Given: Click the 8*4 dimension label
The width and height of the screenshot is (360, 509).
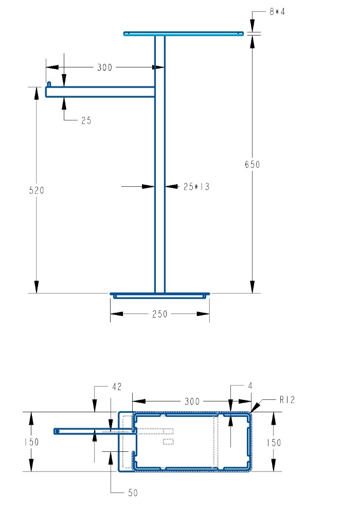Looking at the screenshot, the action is pos(277,12).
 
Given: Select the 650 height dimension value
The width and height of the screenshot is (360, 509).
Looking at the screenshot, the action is pos(253,165).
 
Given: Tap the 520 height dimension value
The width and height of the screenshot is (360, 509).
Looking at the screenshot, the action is pos(37,190).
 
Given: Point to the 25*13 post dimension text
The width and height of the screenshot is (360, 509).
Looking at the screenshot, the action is pos(196,187).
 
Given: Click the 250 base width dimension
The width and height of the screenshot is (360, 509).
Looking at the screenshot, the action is pos(160,314).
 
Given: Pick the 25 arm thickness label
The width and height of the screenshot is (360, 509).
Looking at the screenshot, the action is pos(86,120).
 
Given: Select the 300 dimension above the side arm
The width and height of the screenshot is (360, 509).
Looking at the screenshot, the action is pos(105,67).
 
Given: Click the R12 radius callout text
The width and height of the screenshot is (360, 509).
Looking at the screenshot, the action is pos(287,399).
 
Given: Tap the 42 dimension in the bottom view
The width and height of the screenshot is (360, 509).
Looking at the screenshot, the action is pos(117,387).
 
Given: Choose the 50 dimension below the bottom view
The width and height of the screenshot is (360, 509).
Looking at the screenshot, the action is pos(133,493).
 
